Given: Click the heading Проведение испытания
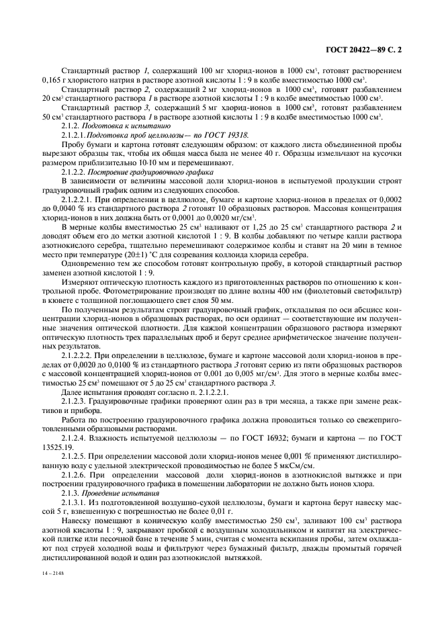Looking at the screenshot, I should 116,493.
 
